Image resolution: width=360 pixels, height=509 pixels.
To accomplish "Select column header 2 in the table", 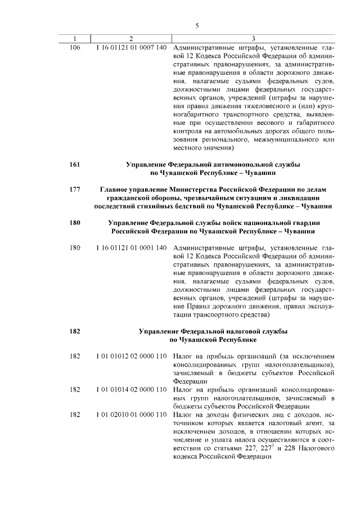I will tap(130, 38).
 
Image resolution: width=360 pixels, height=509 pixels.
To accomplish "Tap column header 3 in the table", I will tap(253, 38).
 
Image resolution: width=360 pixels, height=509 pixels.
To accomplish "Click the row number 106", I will tap(74, 47).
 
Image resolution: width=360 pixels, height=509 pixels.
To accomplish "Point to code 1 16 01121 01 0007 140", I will tap(131, 47).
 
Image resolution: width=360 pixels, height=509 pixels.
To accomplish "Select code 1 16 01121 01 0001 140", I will tap(131, 247).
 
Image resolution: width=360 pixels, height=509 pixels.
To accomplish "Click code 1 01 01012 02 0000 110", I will tap(131, 357).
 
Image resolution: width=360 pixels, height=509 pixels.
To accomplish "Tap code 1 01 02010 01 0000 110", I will tap(131, 415).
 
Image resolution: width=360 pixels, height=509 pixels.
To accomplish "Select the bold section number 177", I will tap(74, 189).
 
